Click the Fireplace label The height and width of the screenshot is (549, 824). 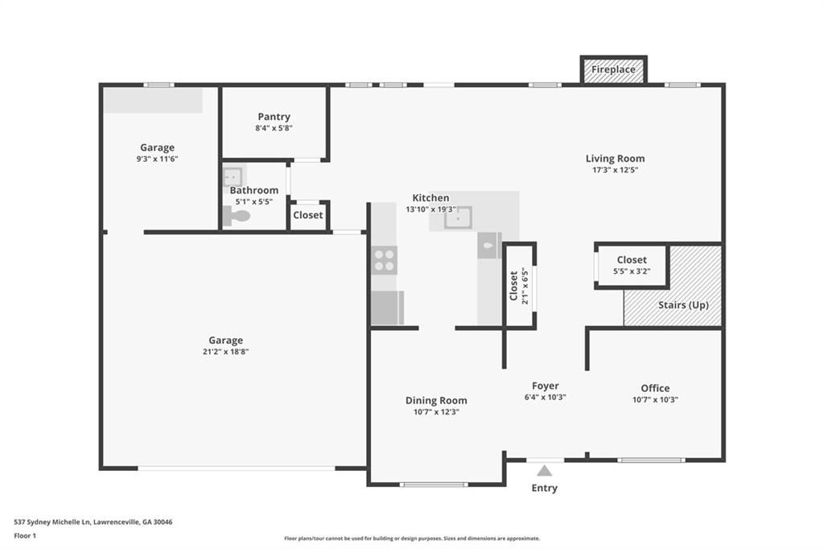pyautogui.click(x=613, y=69)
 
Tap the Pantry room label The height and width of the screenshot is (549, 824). pyautogui.click(x=274, y=117)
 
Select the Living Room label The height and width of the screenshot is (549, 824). pyautogui.click(x=615, y=159)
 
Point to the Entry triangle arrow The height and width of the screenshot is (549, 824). pyautogui.click(x=545, y=471)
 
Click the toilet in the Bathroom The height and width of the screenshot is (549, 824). pyautogui.click(x=237, y=216)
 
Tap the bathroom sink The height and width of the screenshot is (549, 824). pyautogui.click(x=232, y=176)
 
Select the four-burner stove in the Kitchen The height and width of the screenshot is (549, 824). pyautogui.click(x=384, y=260)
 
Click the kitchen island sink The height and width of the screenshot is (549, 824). pyautogui.click(x=458, y=217)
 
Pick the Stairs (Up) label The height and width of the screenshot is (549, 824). pyautogui.click(x=683, y=305)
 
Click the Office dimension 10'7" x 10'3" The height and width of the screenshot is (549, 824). pyautogui.click(x=655, y=399)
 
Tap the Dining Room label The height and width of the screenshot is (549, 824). pyautogui.click(x=436, y=400)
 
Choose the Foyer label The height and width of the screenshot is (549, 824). pyautogui.click(x=545, y=386)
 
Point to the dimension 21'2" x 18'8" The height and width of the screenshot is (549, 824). pyautogui.click(x=225, y=352)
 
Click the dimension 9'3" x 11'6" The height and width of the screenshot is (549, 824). pyautogui.click(x=157, y=159)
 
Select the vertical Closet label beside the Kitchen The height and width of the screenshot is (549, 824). pyautogui.click(x=513, y=286)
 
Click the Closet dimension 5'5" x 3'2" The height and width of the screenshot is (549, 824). pyautogui.click(x=632, y=271)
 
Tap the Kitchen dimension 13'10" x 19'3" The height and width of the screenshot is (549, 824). pyautogui.click(x=431, y=209)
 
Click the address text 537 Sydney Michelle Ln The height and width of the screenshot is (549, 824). pyautogui.click(x=52, y=522)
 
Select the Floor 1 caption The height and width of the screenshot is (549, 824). pyautogui.click(x=25, y=536)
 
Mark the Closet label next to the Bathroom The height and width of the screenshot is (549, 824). pyautogui.click(x=308, y=215)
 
